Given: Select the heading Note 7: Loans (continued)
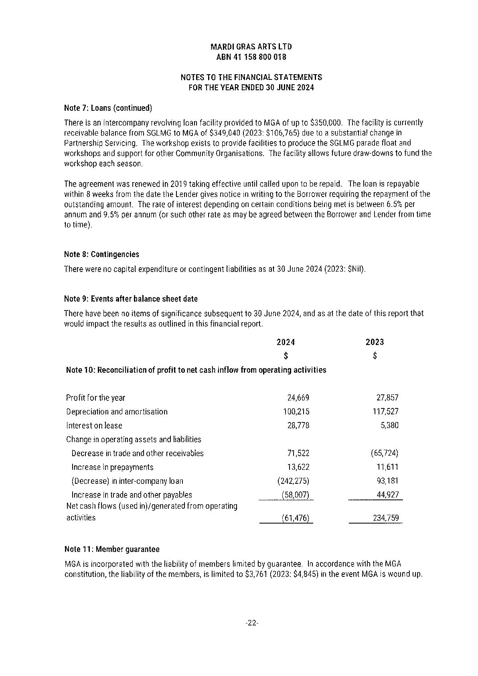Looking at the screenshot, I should pyautogui.click(x=108, y=108).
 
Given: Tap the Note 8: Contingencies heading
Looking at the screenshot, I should pyautogui.click(x=101, y=254).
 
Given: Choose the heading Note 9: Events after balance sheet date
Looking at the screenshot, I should pyautogui.click(x=131, y=299).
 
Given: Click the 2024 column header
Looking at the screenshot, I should pyautogui.click(x=286, y=342).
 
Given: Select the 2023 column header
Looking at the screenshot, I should pyautogui.click(x=375, y=342).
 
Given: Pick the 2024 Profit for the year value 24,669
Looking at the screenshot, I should pyautogui.click(x=298, y=398).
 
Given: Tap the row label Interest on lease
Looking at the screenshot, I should pyautogui.click(x=94, y=426).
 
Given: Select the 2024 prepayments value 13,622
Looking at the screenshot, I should pyautogui.click(x=298, y=467).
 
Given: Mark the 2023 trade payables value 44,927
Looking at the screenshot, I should pyautogui.click(x=388, y=495).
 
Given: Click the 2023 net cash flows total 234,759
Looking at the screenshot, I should pyautogui.click(x=386, y=518).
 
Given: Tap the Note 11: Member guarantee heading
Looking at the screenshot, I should pyautogui.click(x=112, y=549).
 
